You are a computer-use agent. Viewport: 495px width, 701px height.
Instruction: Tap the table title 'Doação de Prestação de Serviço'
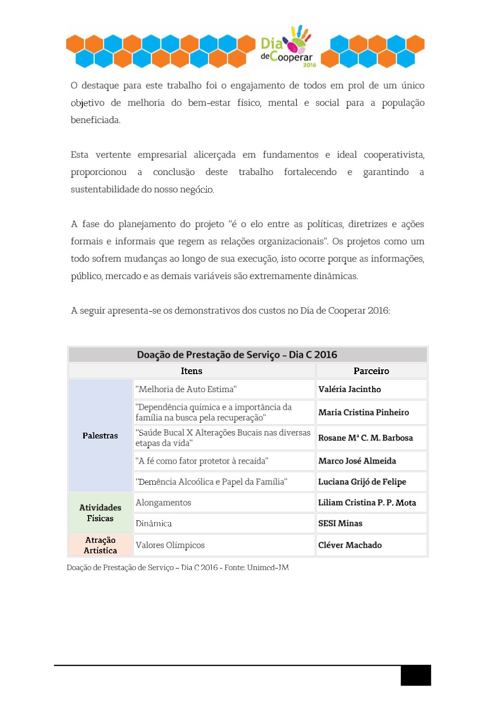237,355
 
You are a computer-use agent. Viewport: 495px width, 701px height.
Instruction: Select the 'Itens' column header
191,371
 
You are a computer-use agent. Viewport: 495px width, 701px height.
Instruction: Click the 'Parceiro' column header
371,371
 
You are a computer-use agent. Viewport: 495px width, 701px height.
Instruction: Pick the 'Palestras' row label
100,436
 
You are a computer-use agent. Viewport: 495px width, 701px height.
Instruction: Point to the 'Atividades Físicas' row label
100,513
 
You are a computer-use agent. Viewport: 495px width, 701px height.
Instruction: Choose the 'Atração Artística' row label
100,545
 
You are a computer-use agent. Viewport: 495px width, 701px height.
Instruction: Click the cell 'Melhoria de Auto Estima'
186,389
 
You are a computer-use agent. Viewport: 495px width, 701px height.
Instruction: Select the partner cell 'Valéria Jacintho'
349,389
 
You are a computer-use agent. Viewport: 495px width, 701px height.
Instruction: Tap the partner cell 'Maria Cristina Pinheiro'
363,412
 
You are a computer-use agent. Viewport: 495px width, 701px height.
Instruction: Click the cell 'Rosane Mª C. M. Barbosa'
365,438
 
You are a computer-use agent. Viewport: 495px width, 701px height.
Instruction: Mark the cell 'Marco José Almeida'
357,461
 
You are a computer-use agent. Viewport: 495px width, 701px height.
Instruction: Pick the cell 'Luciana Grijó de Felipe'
362,482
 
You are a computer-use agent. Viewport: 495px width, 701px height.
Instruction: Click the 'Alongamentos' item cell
163,503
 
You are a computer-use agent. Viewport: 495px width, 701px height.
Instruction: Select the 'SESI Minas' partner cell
340,523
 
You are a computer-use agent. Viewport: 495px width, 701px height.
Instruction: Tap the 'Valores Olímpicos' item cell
170,545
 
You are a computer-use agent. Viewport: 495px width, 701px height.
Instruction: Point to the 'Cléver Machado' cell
350,545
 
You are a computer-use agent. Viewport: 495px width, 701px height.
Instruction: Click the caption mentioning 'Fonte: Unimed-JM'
178,568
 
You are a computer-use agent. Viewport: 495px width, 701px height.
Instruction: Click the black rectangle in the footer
416,675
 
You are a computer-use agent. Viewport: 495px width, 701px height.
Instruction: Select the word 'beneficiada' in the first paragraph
95,120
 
